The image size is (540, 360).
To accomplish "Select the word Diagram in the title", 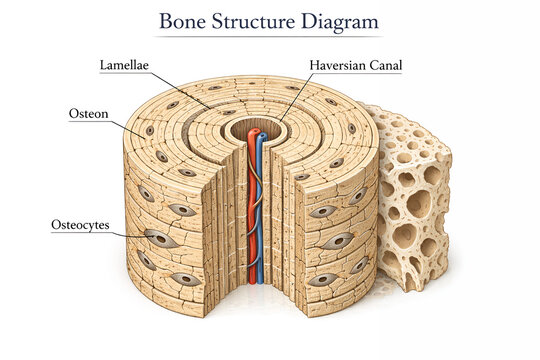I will click(x=342, y=21).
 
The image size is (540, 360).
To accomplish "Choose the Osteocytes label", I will click(x=80, y=225).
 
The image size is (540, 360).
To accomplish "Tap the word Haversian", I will click(x=334, y=67).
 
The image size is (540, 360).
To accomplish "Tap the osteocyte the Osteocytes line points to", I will click(x=157, y=238).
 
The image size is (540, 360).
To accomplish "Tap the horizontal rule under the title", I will click(x=270, y=37).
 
